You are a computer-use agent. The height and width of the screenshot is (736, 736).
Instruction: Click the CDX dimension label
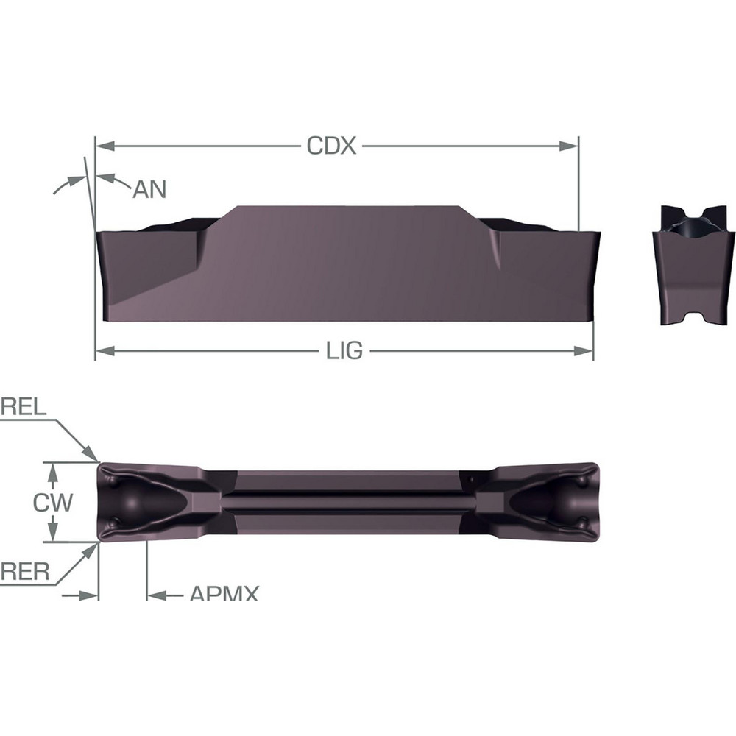pos(331,146)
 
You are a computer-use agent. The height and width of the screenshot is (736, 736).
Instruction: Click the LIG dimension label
pos(344,351)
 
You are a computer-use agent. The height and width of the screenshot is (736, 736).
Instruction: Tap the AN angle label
pos(149,190)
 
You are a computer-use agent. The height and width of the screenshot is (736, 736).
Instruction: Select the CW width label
pos(53,503)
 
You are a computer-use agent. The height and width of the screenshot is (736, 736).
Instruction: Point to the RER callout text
pos(24,571)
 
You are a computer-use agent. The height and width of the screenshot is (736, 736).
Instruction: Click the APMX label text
pos(224,593)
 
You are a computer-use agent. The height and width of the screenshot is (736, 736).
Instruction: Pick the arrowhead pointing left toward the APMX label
pos(155,593)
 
